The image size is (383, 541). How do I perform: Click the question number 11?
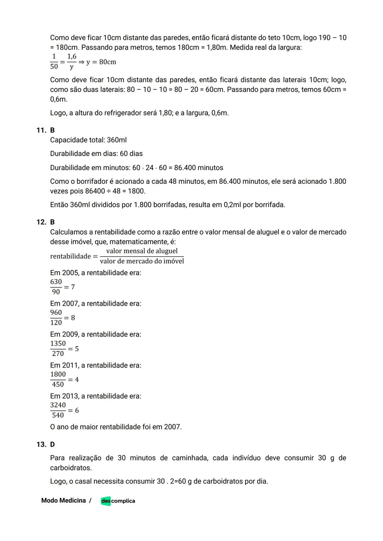(x=41, y=130)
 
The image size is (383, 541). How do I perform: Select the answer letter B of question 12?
(x=52, y=222)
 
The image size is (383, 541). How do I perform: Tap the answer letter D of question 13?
(x=52, y=445)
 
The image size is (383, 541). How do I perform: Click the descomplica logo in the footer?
(x=118, y=501)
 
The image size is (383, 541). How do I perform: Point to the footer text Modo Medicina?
(x=63, y=501)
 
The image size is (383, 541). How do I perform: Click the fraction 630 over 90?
(x=56, y=287)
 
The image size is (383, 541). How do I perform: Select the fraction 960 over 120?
(x=56, y=318)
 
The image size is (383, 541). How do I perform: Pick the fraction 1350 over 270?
(x=58, y=348)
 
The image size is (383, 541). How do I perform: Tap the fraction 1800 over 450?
(x=58, y=379)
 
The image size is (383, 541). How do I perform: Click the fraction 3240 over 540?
(x=58, y=410)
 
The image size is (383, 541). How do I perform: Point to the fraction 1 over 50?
(x=54, y=62)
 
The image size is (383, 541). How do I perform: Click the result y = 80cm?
(x=101, y=62)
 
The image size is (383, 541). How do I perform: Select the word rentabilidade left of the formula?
(x=71, y=256)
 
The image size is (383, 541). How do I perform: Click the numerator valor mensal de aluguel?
(x=142, y=251)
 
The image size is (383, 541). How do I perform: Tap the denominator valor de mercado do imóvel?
(x=142, y=261)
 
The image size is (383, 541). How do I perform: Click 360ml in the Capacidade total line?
(x=117, y=140)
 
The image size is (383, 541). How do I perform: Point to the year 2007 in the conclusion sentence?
(x=172, y=427)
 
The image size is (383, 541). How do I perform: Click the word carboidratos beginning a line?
(x=71, y=468)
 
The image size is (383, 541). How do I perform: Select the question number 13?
(x=41, y=445)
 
